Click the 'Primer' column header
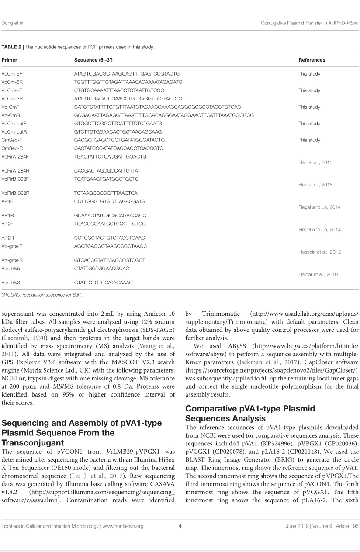pyautogui.click(x=10, y=60)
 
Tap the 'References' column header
pyautogui.click(x=312, y=60)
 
